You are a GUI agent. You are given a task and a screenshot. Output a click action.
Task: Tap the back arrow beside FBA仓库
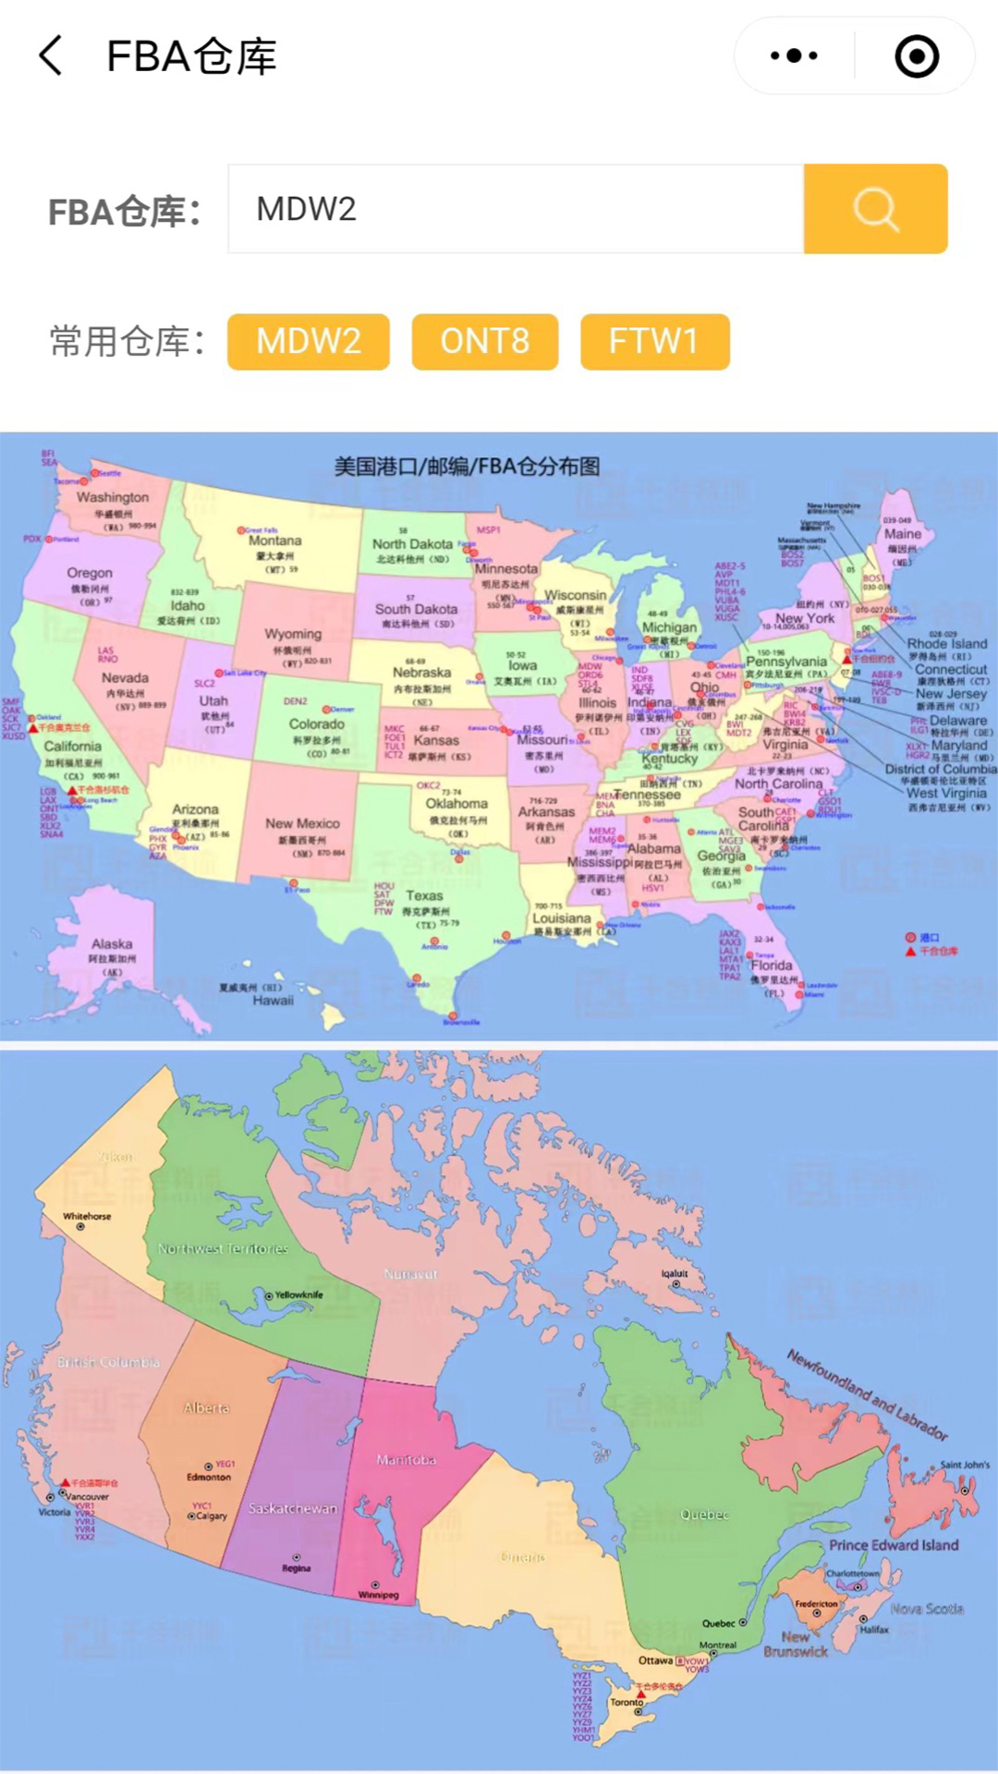click(52, 56)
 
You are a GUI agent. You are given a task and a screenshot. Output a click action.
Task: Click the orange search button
click(875, 209)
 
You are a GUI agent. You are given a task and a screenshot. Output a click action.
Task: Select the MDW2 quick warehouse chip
click(309, 342)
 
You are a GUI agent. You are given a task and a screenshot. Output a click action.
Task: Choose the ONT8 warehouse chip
click(485, 342)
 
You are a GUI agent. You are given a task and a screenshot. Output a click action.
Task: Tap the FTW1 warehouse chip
click(654, 342)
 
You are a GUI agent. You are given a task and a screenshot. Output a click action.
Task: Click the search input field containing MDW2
click(516, 209)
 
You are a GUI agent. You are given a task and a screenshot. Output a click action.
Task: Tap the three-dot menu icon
click(794, 56)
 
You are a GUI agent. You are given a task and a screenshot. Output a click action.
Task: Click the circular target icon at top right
click(917, 56)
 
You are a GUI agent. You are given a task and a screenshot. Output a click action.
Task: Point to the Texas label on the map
click(424, 895)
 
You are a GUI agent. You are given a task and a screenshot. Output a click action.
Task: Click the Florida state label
click(772, 965)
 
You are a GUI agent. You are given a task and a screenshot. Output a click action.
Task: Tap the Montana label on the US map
click(274, 541)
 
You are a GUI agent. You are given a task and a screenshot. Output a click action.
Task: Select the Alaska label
click(112, 944)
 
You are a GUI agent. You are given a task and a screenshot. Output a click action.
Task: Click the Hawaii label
click(273, 1001)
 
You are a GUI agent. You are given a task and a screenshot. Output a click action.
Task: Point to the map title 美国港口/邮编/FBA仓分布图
click(467, 467)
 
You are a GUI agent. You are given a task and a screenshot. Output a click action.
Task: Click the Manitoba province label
click(406, 1461)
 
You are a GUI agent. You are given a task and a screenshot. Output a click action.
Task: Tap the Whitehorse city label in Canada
click(87, 1217)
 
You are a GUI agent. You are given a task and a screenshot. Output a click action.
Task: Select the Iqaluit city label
click(675, 1273)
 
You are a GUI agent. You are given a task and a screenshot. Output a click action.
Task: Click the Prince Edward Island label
click(894, 1545)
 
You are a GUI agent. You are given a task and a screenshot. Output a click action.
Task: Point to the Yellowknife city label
click(298, 1295)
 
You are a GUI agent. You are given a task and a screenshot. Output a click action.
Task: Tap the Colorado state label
click(316, 724)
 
